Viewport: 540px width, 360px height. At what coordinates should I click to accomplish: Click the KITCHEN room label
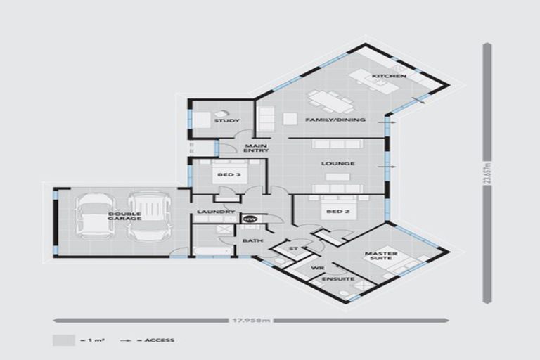(x=384, y=76)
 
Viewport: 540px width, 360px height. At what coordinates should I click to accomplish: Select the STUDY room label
(x=221, y=121)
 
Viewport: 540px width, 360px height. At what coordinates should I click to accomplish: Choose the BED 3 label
(x=225, y=174)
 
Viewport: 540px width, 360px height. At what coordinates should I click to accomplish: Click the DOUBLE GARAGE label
(x=125, y=216)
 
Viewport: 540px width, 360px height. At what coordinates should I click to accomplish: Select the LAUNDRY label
(x=210, y=212)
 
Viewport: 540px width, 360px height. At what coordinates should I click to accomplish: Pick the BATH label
(x=252, y=241)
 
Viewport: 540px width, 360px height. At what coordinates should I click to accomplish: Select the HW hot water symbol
(x=250, y=219)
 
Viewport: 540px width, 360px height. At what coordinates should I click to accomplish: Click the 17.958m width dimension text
(x=251, y=321)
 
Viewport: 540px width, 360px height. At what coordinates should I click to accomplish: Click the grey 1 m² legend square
(x=63, y=340)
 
